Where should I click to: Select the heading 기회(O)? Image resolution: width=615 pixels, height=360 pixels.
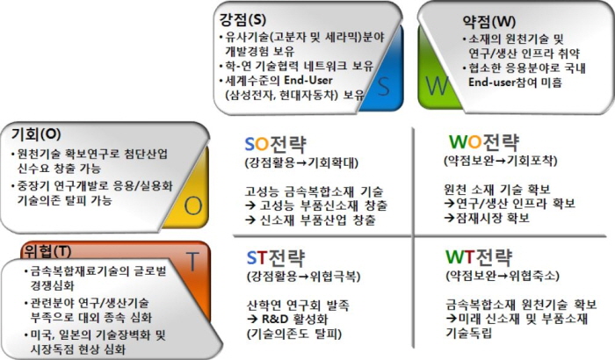click(x=36, y=134)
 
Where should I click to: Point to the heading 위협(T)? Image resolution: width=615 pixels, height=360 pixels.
click(x=47, y=251)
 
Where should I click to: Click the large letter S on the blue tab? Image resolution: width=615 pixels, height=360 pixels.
click(x=384, y=87)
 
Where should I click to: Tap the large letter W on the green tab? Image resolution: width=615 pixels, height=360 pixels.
click(x=437, y=85)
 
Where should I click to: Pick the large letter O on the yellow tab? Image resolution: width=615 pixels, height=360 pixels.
click(x=193, y=205)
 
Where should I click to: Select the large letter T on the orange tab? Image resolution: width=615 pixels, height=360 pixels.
click(x=192, y=262)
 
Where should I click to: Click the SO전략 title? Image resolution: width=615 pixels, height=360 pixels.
click(x=275, y=144)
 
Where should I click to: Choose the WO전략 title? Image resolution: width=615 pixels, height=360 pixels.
click(x=484, y=141)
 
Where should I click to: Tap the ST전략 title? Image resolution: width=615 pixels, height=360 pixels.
click(x=275, y=258)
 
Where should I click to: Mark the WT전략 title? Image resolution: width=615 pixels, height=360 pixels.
click(x=479, y=257)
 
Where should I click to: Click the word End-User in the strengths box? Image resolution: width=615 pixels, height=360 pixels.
click(x=308, y=81)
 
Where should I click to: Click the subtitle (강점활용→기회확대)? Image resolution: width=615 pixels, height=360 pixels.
click(x=301, y=162)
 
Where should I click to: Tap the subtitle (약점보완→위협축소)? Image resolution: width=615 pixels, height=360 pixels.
click(x=503, y=276)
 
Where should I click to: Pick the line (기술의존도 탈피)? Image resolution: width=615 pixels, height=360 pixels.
click(x=294, y=334)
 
